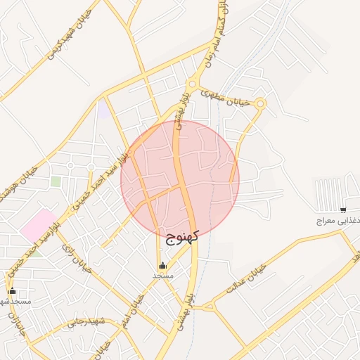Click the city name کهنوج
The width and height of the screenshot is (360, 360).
(182, 236)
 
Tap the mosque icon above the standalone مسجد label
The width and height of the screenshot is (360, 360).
(163, 265)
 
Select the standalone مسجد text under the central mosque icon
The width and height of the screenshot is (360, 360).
(163, 276)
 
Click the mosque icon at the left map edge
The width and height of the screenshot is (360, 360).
(11, 290)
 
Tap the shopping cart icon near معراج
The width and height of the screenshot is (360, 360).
(342, 210)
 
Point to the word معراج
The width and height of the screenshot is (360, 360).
(328, 220)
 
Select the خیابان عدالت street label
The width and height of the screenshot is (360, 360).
(245, 279)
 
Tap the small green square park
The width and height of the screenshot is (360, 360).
(56, 181)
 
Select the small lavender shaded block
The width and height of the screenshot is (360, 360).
(104, 110)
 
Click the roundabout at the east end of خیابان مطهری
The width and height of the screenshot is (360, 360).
(260, 103)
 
